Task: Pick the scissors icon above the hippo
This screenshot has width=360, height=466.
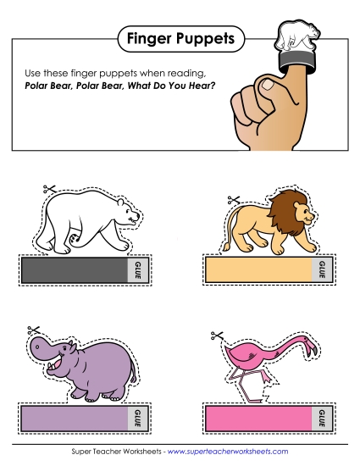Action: pos(35,329)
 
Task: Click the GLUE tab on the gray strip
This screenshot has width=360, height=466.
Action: pos(137,270)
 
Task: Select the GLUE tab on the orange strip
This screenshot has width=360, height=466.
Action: pos(321,270)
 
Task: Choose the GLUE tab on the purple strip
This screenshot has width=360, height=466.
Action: pos(137,417)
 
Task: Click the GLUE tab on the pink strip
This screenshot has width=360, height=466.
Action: pos(321,417)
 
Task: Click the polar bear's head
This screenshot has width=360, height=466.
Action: pos(126,216)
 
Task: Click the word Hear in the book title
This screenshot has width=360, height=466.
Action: pos(200,86)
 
